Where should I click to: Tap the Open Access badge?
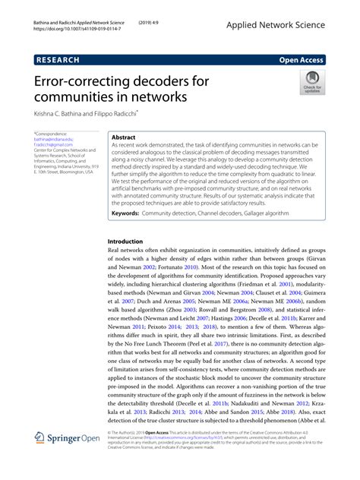323,58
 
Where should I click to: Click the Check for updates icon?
312,81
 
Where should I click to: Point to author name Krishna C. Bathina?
59,112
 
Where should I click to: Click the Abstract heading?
124,137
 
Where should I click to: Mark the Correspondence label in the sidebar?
51,134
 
